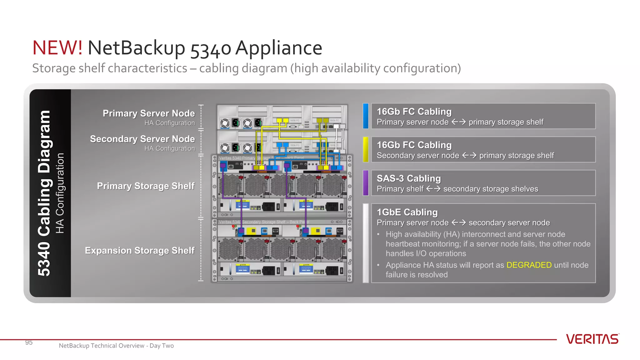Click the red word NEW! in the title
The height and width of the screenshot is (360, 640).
pyautogui.click(x=57, y=48)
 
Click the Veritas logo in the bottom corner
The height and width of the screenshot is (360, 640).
pyautogui.click(x=592, y=339)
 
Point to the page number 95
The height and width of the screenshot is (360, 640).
pyautogui.click(x=29, y=342)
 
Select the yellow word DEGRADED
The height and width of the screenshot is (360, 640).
pyautogui.click(x=529, y=265)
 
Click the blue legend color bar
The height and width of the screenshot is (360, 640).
pyautogui.click(x=366, y=116)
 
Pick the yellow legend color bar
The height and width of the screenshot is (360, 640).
pyautogui.click(x=366, y=149)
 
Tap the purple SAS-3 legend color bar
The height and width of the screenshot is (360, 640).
pyautogui.click(x=366, y=183)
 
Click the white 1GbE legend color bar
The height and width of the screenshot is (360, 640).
pyautogui.click(x=366, y=243)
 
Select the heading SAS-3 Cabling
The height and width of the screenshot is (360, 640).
pyautogui.click(x=408, y=178)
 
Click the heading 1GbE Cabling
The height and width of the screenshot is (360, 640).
pyautogui.click(x=407, y=212)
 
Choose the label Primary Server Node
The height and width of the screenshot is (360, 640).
pyautogui.click(x=149, y=113)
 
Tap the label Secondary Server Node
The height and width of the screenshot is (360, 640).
pyautogui.click(x=142, y=139)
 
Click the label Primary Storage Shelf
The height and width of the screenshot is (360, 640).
pyautogui.click(x=146, y=186)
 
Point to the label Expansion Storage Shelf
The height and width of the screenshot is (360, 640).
pyautogui.click(x=140, y=251)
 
